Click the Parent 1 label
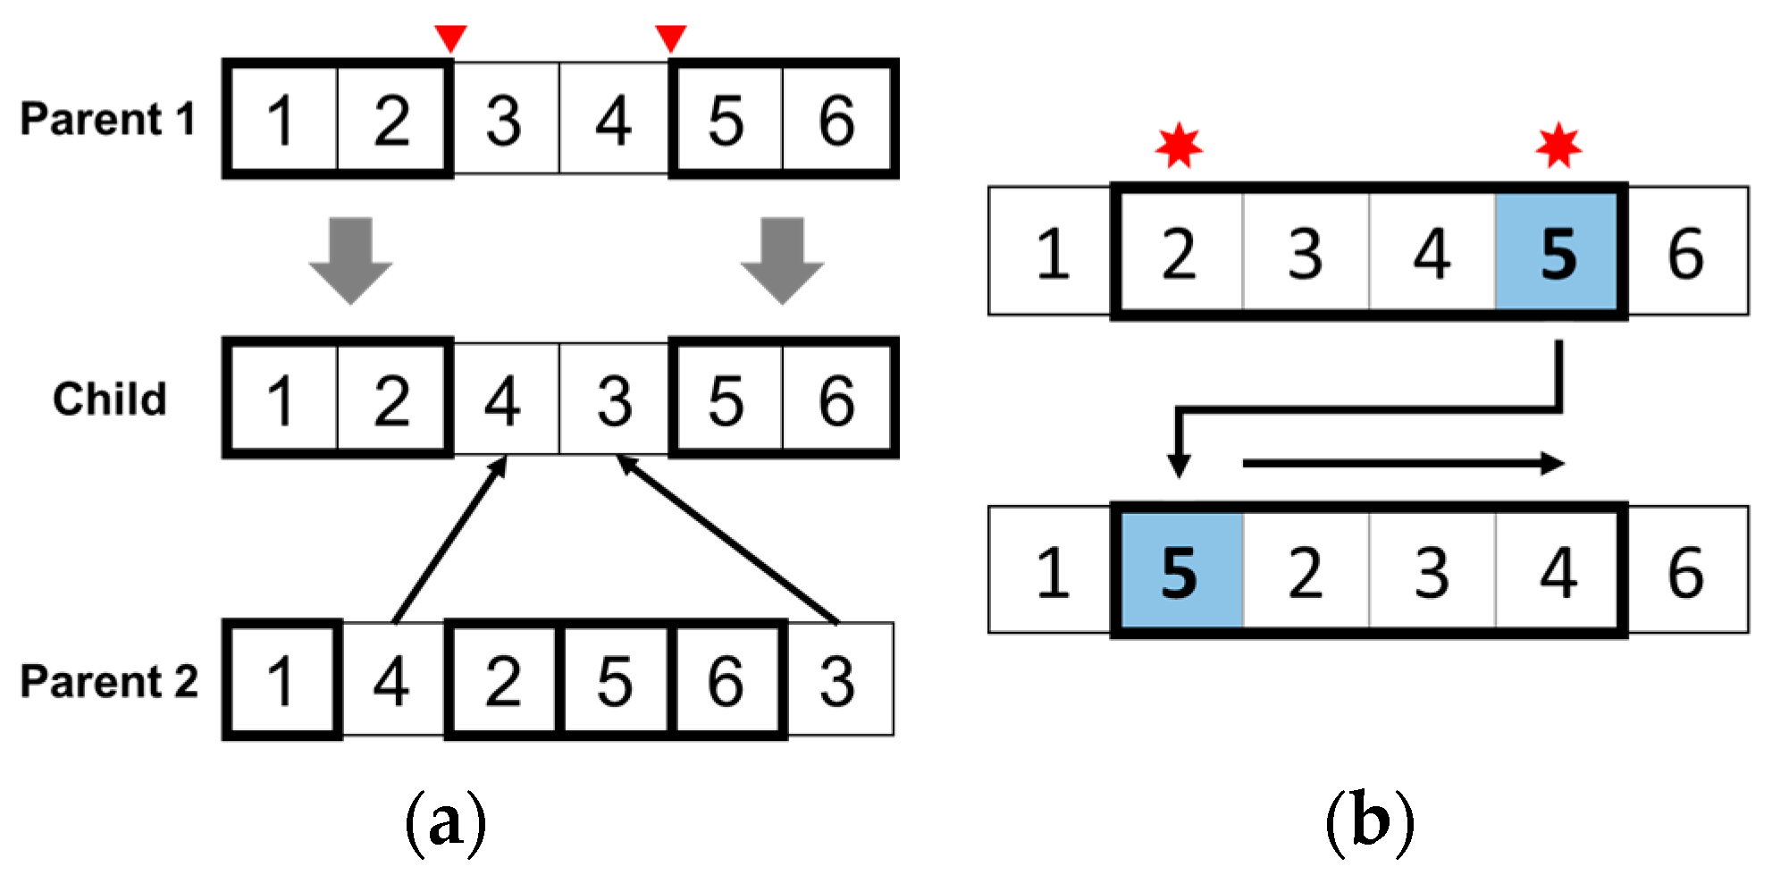point(108,119)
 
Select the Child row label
point(110,399)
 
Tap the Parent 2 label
point(109,681)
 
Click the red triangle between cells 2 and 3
point(450,38)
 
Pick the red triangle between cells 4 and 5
point(671,38)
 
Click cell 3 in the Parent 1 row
point(504,120)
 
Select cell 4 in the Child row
point(504,400)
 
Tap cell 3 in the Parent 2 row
point(837,680)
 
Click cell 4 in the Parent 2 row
point(392,680)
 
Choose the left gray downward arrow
point(351,259)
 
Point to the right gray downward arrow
point(783,259)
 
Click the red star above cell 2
point(1179,145)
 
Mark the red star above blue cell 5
point(1558,145)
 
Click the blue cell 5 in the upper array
point(1558,253)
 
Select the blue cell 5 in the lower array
point(1179,571)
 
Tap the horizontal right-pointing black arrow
point(1403,463)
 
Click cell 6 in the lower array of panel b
point(1685,571)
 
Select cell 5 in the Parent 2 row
point(615,680)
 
